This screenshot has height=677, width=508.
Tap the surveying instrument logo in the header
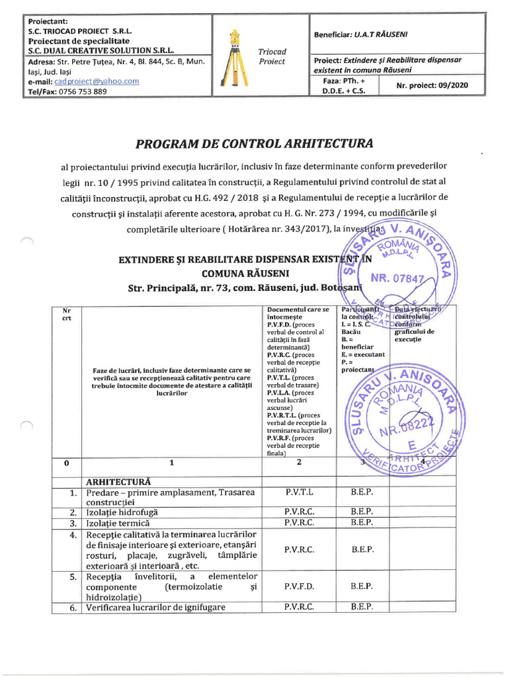click(234, 60)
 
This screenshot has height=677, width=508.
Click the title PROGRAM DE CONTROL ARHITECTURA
click(254, 143)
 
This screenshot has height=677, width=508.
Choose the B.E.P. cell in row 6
click(362, 607)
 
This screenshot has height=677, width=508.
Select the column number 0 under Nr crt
click(66, 463)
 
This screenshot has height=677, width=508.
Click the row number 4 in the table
click(73, 535)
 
